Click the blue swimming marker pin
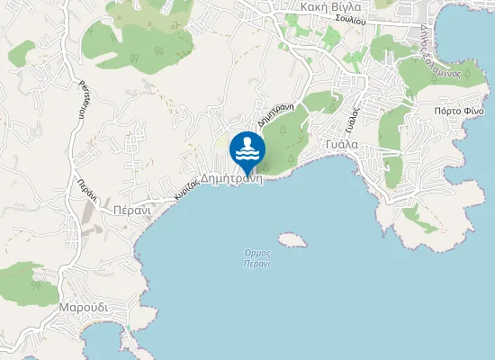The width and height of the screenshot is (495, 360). click(247, 149)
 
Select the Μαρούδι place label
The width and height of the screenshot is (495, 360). click(84, 307)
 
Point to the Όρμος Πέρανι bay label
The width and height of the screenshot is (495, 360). click(257, 259)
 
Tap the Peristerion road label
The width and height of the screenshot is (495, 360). click(84, 99)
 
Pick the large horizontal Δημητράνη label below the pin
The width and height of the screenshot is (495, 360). click(231, 178)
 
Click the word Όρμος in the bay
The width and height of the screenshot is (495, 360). click(257, 254)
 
